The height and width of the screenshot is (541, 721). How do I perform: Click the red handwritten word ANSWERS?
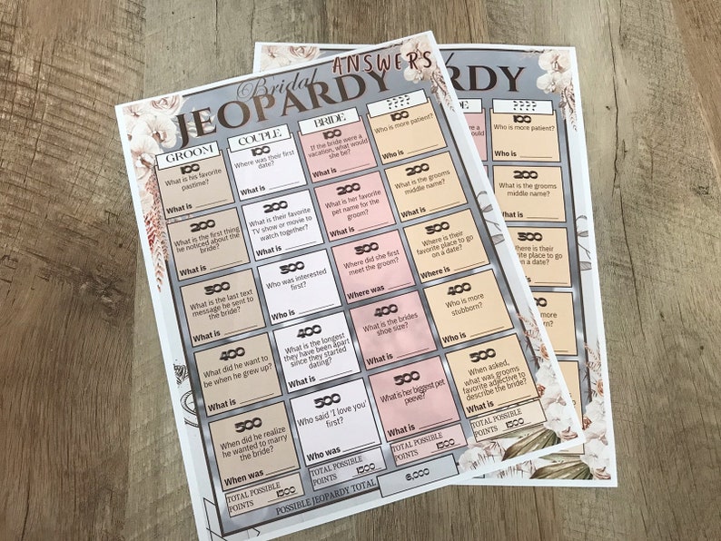pos(381,62)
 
